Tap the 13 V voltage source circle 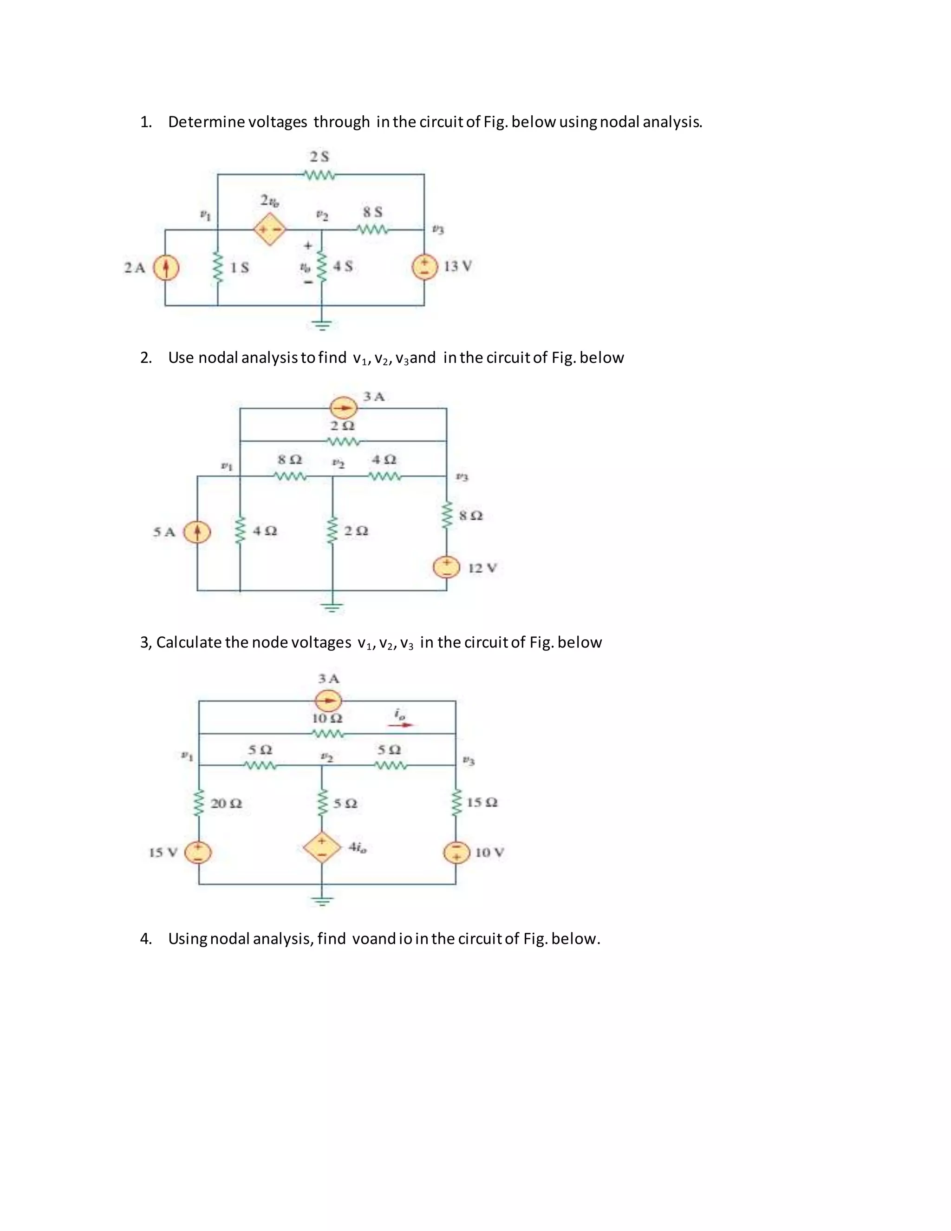(x=424, y=267)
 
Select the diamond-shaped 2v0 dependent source (x=270, y=229)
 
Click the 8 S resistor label (x=372, y=212)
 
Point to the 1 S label (x=240, y=268)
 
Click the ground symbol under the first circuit (x=322, y=324)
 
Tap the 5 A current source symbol (x=197, y=532)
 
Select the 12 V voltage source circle (x=446, y=567)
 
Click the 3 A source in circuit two (x=343, y=407)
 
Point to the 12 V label (x=482, y=568)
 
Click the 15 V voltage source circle (x=199, y=852)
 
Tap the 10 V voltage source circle (x=456, y=852)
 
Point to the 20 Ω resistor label (x=226, y=803)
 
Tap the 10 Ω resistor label (x=327, y=719)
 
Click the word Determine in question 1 (x=206, y=122)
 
